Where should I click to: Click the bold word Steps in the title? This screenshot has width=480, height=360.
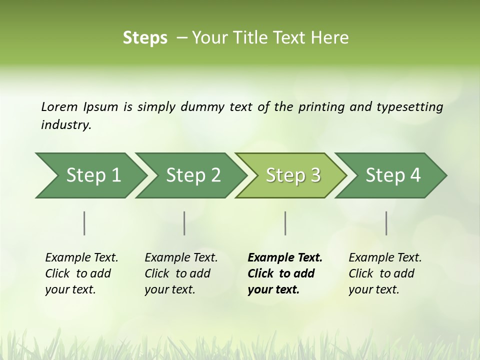click(x=145, y=38)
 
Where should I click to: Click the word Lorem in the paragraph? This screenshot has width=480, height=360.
click(x=59, y=106)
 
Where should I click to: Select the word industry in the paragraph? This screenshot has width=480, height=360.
click(x=66, y=125)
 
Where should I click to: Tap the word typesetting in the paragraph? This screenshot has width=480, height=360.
click(x=409, y=107)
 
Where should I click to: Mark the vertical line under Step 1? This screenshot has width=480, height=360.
click(x=84, y=223)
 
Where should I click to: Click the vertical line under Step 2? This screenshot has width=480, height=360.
click(x=184, y=223)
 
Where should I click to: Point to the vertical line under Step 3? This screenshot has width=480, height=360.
click(x=285, y=223)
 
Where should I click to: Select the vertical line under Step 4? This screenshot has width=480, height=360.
click(x=386, y=223)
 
